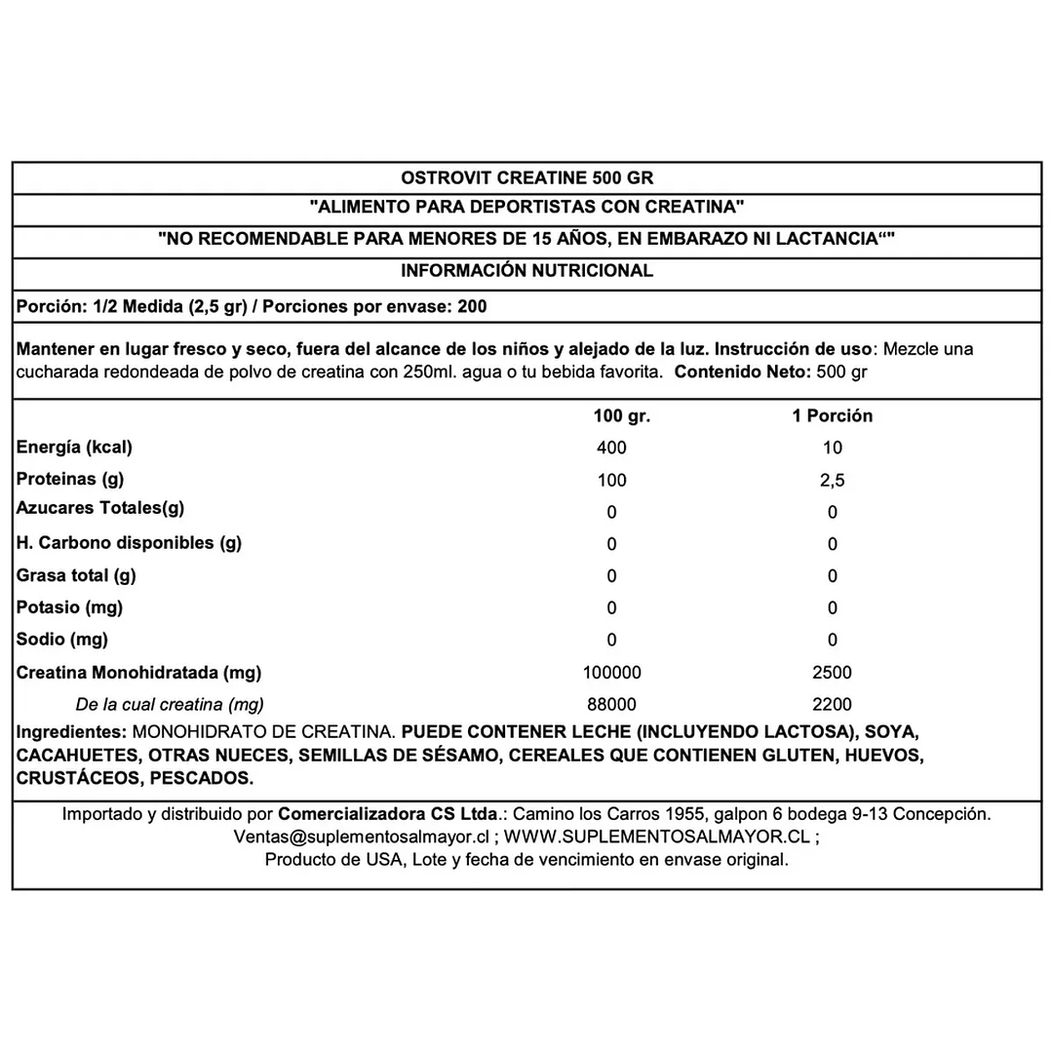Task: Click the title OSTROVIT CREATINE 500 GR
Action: point(526,178)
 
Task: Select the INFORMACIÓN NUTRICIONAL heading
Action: point(526,272)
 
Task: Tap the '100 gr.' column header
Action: point(621,416)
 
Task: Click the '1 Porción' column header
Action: point(832,416)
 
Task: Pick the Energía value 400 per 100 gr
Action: point(612,448)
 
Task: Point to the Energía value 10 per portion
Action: point(832,448)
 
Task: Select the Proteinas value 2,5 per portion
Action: point(832,481)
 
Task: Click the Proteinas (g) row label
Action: point(71,480)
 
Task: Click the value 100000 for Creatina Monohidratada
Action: point(612,673)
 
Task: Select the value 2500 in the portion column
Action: point(832,673)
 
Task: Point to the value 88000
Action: point(612,704)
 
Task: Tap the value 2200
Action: point(832,704)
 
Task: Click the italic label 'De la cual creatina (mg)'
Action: point(170,704)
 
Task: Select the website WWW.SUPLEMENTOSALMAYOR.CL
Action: point(658,837)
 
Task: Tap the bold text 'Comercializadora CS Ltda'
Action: point(391,813)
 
